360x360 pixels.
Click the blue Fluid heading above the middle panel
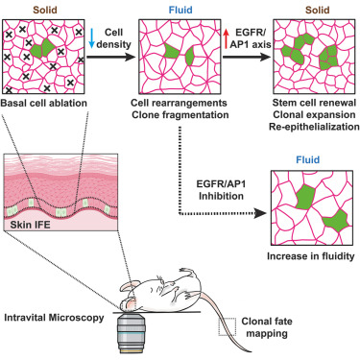pyautogui.click(x=177, y=8)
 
